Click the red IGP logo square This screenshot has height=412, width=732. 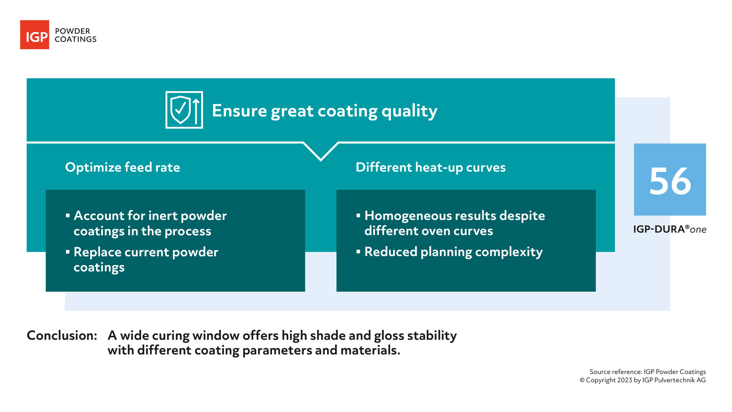[35, 35]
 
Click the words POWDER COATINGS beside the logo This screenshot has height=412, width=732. [75, 35]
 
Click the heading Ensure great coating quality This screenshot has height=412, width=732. [324, 111]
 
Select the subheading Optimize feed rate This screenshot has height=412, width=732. [122, 167]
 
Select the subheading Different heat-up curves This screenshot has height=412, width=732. [430, 167]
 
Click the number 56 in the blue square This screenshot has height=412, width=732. [670, 181]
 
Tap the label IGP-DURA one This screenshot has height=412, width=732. [669, 229]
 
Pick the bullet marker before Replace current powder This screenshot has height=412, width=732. [68, 252]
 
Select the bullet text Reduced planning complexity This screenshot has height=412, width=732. [453, 252]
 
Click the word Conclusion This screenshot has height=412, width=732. [62, 335]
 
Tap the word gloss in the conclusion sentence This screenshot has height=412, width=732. [389, 336]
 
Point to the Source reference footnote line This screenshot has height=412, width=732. [647, 372]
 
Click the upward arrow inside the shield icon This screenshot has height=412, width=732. [196, 111]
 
